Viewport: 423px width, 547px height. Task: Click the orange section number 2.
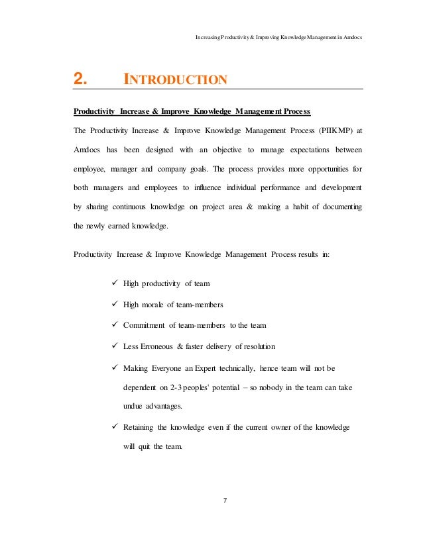(80, 80)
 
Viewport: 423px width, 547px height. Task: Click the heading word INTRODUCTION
(176, 81)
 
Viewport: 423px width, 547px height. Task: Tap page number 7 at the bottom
(225, 499)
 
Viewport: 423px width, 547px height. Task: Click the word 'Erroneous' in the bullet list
(156, 346)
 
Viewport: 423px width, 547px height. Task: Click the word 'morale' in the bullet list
(156, 304)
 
